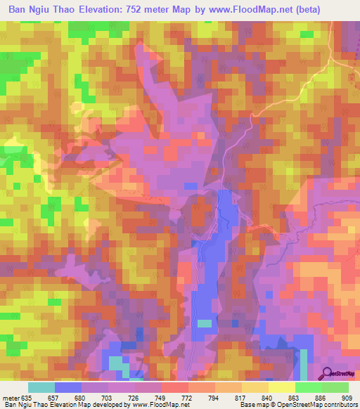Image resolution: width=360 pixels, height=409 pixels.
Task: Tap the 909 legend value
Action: [345, 397]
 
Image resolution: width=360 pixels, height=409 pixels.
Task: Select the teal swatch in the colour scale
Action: [41, 387]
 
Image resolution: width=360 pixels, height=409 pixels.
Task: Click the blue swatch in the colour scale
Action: [68, 387]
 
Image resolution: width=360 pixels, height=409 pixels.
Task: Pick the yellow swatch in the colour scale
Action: [281, 387]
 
